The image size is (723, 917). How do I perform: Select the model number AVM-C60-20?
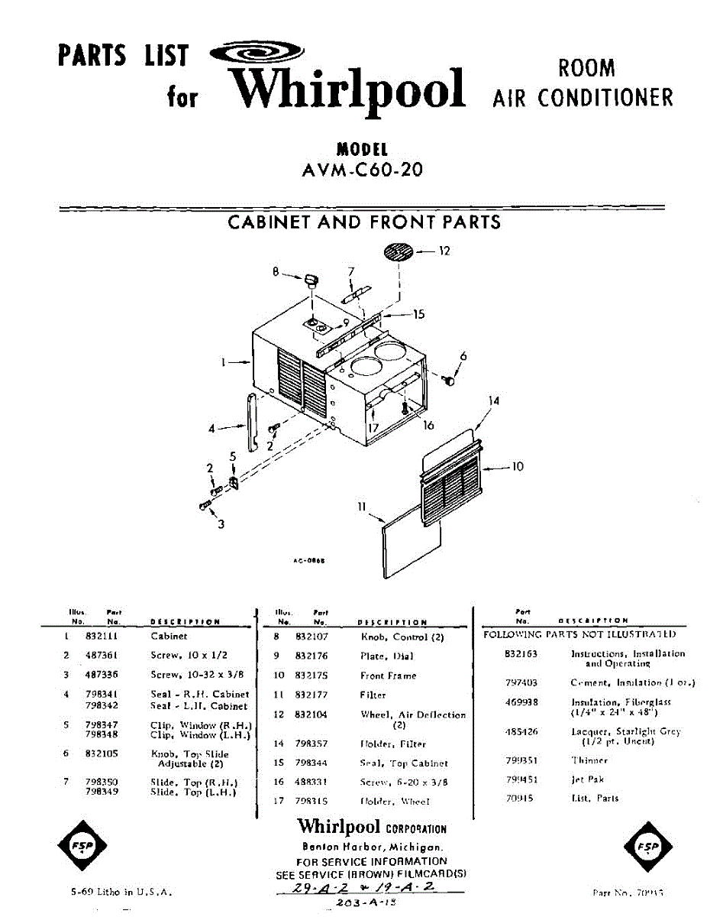(362, 170)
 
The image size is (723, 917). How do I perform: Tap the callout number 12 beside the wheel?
(444, 251)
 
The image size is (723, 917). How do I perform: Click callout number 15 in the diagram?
(419, 314)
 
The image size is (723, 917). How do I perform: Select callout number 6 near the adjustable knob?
(463, 355)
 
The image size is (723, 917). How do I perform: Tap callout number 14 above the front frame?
(494, 400)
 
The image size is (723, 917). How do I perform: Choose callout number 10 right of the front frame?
(518, 466)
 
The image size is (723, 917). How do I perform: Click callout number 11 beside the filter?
(362, 506)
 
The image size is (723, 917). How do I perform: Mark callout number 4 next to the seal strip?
(212, 429)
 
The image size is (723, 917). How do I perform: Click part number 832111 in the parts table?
(100, 636)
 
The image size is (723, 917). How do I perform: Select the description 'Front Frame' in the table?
(389, 676)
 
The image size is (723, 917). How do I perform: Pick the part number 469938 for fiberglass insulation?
(522, 702)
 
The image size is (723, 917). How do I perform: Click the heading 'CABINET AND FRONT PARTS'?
(365, 222)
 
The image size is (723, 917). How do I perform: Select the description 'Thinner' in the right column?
(589, 760)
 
